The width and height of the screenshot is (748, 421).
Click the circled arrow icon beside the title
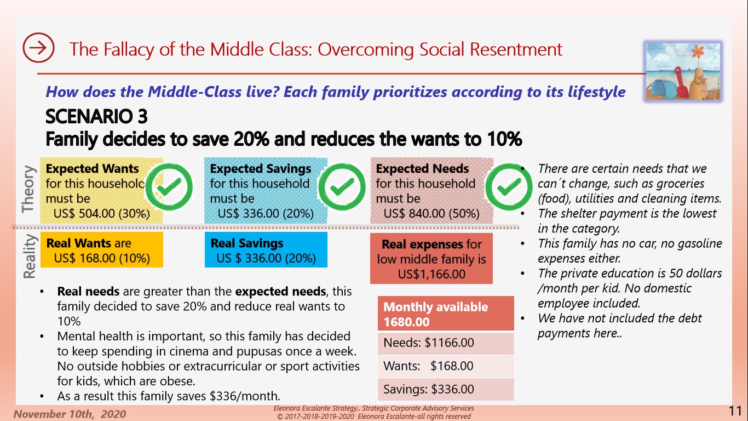(38, 48)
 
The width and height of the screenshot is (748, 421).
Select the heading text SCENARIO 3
(96, 117)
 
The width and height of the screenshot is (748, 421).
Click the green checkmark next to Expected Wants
(172, 187)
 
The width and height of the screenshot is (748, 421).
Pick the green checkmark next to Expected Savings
(342, 187)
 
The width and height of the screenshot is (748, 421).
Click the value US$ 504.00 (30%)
(102, 213)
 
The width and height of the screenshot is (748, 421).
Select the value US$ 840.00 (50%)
(431, 213)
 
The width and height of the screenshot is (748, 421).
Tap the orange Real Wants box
(102, 250)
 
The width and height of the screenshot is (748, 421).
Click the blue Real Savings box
(266, 250)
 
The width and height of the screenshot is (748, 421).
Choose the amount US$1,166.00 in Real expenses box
(431, 274)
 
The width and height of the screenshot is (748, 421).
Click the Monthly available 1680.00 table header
(446, 314)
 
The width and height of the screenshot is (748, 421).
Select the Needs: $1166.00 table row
(446, 343)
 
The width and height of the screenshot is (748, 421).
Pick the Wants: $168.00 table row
(446, 366)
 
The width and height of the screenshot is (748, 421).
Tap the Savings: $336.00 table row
(446, 389)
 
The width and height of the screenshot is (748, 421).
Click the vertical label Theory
(28, 189)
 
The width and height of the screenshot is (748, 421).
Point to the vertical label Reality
(28, 256)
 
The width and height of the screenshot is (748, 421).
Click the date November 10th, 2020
(70, 414)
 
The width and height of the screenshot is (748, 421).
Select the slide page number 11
(735, 411)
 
